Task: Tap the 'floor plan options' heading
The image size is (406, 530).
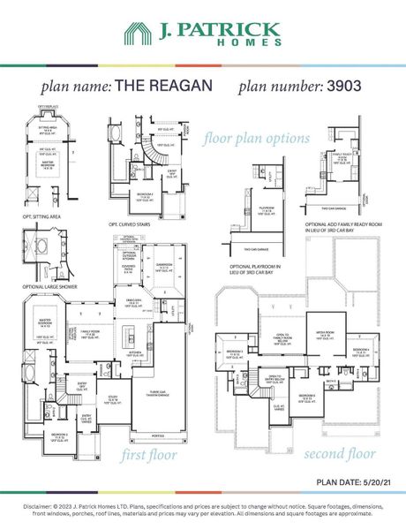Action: pos(256,139)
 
